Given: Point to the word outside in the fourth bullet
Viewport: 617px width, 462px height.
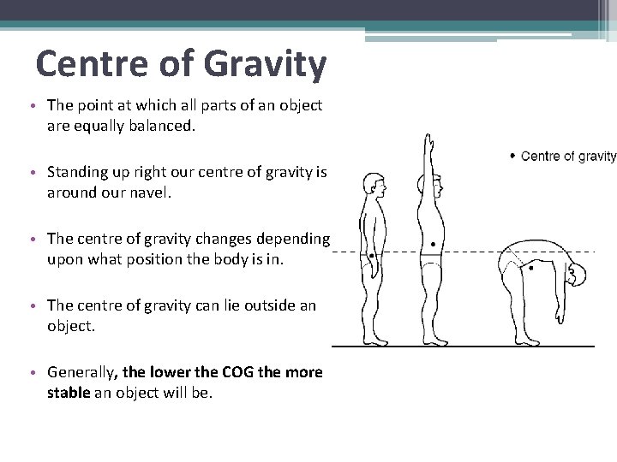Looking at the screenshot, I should pyautogui.click(x=259, y=305).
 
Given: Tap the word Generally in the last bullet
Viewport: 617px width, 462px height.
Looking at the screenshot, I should pyautogui.click(x=82, y=372).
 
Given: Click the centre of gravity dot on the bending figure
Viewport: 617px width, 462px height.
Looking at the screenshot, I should pyautogui.click(x=530, y=268).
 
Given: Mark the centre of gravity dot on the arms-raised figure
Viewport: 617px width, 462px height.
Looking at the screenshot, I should pyautogui.click(x=434, y=244).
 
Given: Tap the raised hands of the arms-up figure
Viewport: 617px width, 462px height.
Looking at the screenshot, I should pyautogui.click(x=427, y=141).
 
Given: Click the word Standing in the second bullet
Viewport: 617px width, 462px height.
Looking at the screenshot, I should pyautogui.click(x=76, y=173).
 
